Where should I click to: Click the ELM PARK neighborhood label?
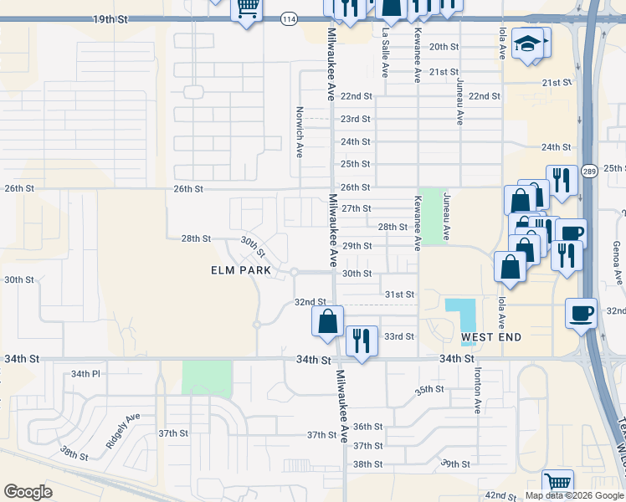(x=240, y=270)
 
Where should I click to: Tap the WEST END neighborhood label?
(x=491, y=337)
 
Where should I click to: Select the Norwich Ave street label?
(x=299, y=131)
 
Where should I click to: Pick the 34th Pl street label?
(x=85, y=374)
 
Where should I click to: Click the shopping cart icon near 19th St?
(x=247, y=10)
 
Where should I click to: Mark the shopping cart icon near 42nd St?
(x=557, y=483)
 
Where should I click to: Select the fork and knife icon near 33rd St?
(x=362, y=341)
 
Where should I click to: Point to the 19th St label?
(x=112, y=18)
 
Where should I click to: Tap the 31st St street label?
(x=399, y=295)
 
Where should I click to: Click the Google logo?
(x=28, y=492)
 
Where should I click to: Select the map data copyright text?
(x=574, y=495)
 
